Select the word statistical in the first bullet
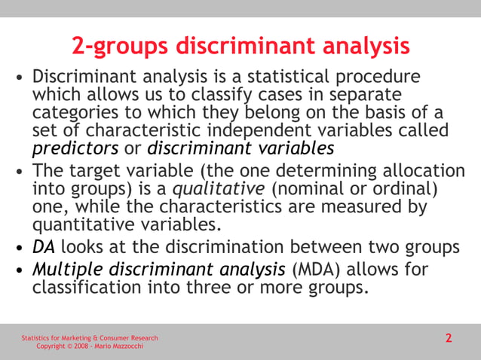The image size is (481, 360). [268, 78]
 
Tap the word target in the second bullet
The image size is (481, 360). [97, 172]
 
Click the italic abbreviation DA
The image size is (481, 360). [44, 247]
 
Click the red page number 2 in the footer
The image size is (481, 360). [449, 338]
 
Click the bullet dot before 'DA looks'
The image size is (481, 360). [20, 248]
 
